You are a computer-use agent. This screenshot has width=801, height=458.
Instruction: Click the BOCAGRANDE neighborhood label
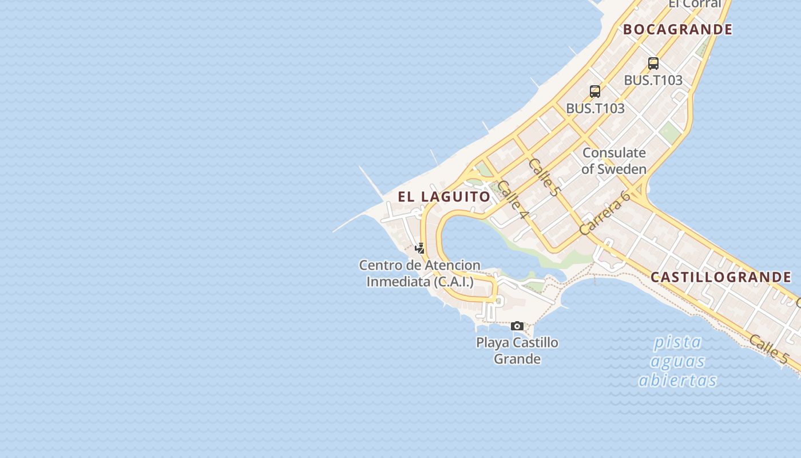[x=677, y=29]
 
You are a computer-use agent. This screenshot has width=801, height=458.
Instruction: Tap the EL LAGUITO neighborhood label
[x=444, y=197]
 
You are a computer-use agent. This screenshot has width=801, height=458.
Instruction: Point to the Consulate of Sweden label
[x=614, y=161]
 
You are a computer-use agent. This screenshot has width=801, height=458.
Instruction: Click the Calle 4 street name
[x=512, y=200]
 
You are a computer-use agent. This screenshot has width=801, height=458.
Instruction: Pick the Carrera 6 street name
[x=604, y=213]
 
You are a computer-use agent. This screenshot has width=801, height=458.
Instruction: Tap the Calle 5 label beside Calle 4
[x=543, y=177]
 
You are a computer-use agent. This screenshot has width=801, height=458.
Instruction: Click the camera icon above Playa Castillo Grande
[x=517, y=326]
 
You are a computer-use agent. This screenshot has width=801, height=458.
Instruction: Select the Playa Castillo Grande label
[x=517, y=350]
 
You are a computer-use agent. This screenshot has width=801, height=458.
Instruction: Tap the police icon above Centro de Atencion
[x=420, y=248]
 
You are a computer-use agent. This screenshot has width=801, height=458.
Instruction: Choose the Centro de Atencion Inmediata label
[x=420, y=273]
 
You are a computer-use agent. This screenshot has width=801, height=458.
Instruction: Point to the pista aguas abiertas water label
[x=678, y=361]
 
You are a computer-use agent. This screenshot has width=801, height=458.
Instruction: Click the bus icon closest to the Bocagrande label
[x=653, y=64]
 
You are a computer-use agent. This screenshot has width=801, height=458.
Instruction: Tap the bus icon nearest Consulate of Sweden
[x=595, y=92]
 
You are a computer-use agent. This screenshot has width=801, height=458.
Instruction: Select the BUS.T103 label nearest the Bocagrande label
[x=653, y=80]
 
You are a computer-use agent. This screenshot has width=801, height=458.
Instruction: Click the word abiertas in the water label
[x=678, y=380]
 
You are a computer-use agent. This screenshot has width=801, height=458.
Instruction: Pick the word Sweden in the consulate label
[x=622, y=169]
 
